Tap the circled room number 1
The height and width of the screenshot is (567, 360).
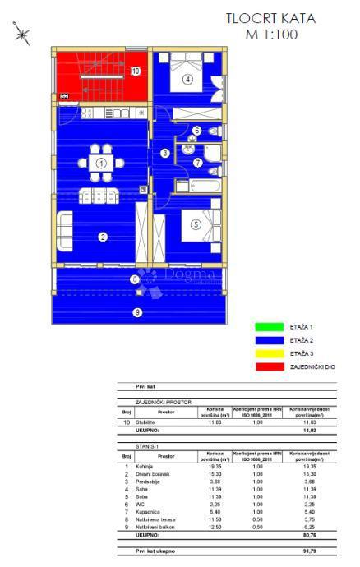100,164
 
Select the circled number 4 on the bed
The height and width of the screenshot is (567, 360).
187,79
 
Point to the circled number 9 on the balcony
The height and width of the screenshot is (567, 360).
137,311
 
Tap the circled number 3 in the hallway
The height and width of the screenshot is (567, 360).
164,153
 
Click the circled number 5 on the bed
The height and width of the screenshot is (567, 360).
196,223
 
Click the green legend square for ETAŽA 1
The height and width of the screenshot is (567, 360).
263,326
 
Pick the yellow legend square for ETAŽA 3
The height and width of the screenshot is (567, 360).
263,353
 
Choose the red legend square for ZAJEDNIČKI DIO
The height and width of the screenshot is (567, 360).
263,367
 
